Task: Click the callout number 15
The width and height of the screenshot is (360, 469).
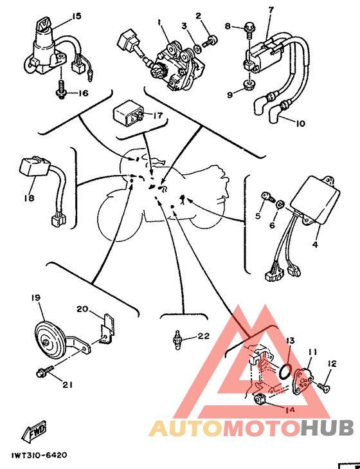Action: click(x=76, y=16)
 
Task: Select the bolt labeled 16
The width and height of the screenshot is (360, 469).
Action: click(x=61, y=90)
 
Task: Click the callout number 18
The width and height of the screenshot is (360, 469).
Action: click(x=30, y=198)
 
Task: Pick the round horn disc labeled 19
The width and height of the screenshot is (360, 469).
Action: click(x=50, y=338)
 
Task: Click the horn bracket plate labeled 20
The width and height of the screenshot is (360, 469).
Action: click(x=107, y=329)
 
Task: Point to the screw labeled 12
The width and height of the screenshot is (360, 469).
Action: click(x=322, y=386)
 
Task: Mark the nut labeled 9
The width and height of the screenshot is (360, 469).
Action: click(x=249, y=85)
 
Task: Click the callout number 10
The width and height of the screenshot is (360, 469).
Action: click(x=300, y=123)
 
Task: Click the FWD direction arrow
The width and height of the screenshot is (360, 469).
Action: click(x=34, y=431)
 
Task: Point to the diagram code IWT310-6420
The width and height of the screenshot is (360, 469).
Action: click(x=39, y=455)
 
